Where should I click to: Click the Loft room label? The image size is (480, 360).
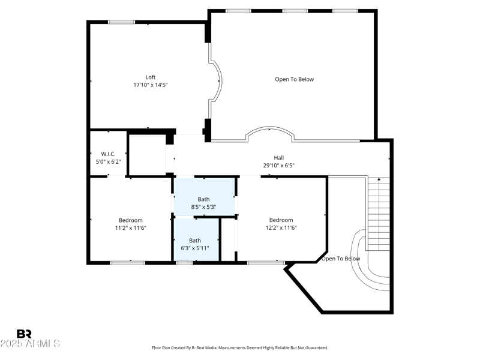point(150,77)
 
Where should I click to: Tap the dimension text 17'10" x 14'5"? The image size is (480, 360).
point(150,85)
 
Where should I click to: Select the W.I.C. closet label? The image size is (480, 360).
point(108,154)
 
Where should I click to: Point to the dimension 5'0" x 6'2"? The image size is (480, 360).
point(108,161)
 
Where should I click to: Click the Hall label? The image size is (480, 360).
point(278,158)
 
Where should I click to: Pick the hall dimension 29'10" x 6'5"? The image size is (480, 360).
point(278,166)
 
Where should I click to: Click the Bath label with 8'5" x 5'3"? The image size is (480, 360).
point(203,199)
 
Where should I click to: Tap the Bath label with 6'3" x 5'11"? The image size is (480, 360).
point(195,241)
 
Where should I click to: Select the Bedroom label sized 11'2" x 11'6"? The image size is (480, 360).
point(130,220)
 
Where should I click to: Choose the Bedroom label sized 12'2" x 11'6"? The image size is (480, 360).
point(281,220)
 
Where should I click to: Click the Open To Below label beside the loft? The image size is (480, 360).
point(294,79)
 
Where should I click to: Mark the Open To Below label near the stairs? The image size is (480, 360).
point(341,259)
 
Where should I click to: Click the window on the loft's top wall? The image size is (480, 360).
point(121,23)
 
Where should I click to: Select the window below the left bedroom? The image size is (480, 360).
point(127,262)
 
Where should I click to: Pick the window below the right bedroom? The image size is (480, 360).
point(266,262)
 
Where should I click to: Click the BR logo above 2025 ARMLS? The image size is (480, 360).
point(24,334)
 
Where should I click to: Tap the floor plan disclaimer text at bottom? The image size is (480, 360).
point(240,347)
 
